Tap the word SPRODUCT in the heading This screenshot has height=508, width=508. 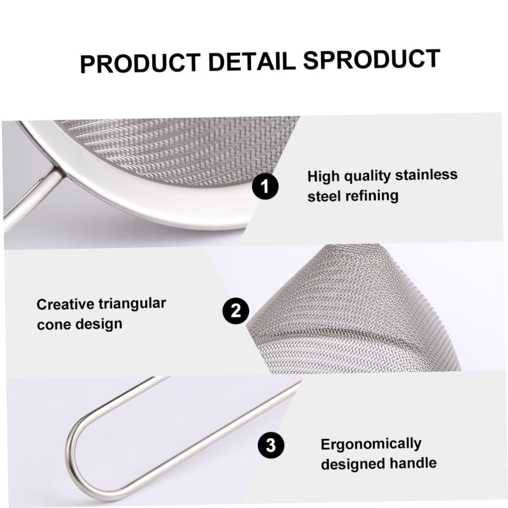pos(371,59)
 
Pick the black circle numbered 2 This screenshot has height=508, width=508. pos(236,310)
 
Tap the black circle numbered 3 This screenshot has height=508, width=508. pos(271,445)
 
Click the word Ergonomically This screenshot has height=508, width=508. pos(371,444)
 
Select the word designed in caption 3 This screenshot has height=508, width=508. pos(348,464)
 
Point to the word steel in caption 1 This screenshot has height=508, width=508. pos(324,196)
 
